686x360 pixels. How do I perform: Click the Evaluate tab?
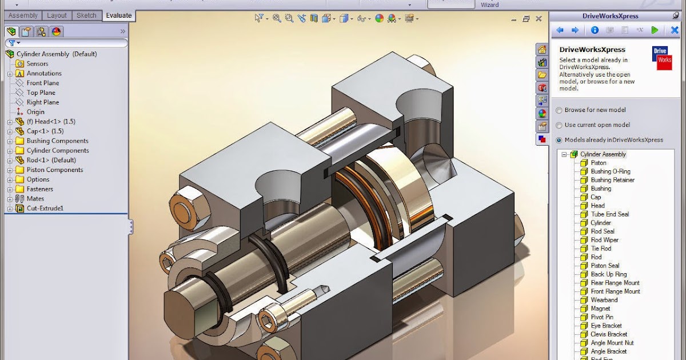(x=118, y=15)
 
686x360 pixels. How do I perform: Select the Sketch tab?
(x=87, y=15)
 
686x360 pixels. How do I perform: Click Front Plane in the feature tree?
(x=42, y=83)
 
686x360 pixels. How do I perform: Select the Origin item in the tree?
(x=35, y=112)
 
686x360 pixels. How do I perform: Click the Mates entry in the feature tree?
(x=35, y=199)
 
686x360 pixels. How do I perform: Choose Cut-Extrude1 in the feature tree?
(x=45, y=209)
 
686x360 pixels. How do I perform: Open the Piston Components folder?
(x=54, y=170)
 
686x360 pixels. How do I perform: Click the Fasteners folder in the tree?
(x=39, y=189)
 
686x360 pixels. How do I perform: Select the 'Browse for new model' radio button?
(x=559, y=110)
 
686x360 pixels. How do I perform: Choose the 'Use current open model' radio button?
(x=559, y=125)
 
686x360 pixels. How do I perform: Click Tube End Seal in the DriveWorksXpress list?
(x=609, y=214)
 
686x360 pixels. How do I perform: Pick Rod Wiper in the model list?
(x=604, y=240)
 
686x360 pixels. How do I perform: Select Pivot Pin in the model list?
(x=602, y=317)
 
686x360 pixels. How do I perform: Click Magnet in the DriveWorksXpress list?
(x=600, y=309)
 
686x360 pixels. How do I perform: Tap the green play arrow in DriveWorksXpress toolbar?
(x=655, y=30)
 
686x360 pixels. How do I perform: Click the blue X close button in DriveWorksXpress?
(x=675, y=30)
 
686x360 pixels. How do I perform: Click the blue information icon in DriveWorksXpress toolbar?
(x=595, y=30)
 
